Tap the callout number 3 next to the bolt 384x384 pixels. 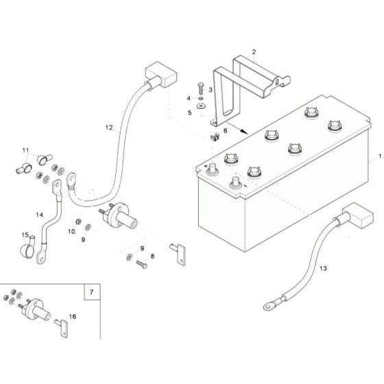point(211,89)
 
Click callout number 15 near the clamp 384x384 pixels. point(25,235)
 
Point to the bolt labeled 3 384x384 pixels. point(198,88)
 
